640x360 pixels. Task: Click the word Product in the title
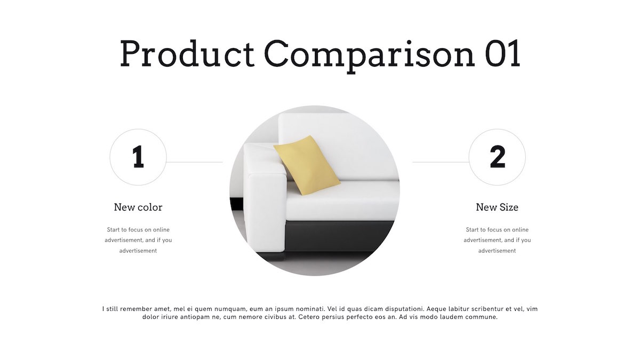tap(187, 53)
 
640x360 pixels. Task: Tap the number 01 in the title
tap(502, 53)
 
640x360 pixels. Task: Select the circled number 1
tap(138, 157)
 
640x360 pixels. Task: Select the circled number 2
tap(497, 157)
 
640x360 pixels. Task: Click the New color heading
tap(138, 207)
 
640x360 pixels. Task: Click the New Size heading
tap(497, 207)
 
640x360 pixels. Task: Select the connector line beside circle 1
tap(195, 162)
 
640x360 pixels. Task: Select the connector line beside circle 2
tap(441, 162)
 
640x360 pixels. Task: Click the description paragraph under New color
tap(138, 240)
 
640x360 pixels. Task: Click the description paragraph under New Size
tap(497, 240)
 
